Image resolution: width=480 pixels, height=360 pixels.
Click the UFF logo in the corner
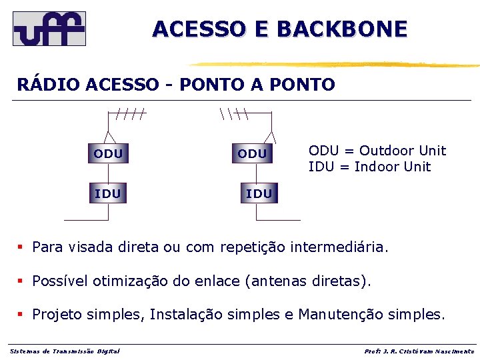click(49, 28)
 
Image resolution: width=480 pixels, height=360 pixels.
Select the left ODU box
click(108, 154)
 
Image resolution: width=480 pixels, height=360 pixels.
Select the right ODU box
click(252, 154)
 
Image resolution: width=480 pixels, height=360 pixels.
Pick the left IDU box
click(108, 194)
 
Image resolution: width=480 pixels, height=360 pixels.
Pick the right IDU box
click(259, 194)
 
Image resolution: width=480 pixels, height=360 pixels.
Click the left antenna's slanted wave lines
click(130, 114)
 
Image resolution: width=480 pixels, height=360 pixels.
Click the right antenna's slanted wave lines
click(233, 114)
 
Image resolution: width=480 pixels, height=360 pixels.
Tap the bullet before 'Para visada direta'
click(21, 247)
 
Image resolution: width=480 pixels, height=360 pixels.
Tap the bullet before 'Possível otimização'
click(21, 281)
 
